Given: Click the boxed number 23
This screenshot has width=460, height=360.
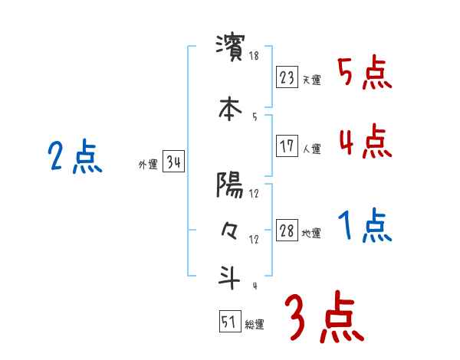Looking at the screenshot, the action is (287, 77).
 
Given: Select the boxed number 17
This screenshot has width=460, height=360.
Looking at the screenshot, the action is (287, 146).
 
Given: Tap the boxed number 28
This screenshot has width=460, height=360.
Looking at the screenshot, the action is (287, 231).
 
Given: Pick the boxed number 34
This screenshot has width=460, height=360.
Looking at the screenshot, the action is (173, 162).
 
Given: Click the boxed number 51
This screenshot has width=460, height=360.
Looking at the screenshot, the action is (229, 322).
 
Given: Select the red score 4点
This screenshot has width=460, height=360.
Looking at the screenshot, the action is (363, 142).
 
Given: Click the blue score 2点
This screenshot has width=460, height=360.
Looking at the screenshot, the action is (74, 159).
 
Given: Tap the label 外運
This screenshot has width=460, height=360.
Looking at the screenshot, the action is (147, 165).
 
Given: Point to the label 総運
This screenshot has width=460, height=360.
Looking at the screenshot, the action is (255, 325).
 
